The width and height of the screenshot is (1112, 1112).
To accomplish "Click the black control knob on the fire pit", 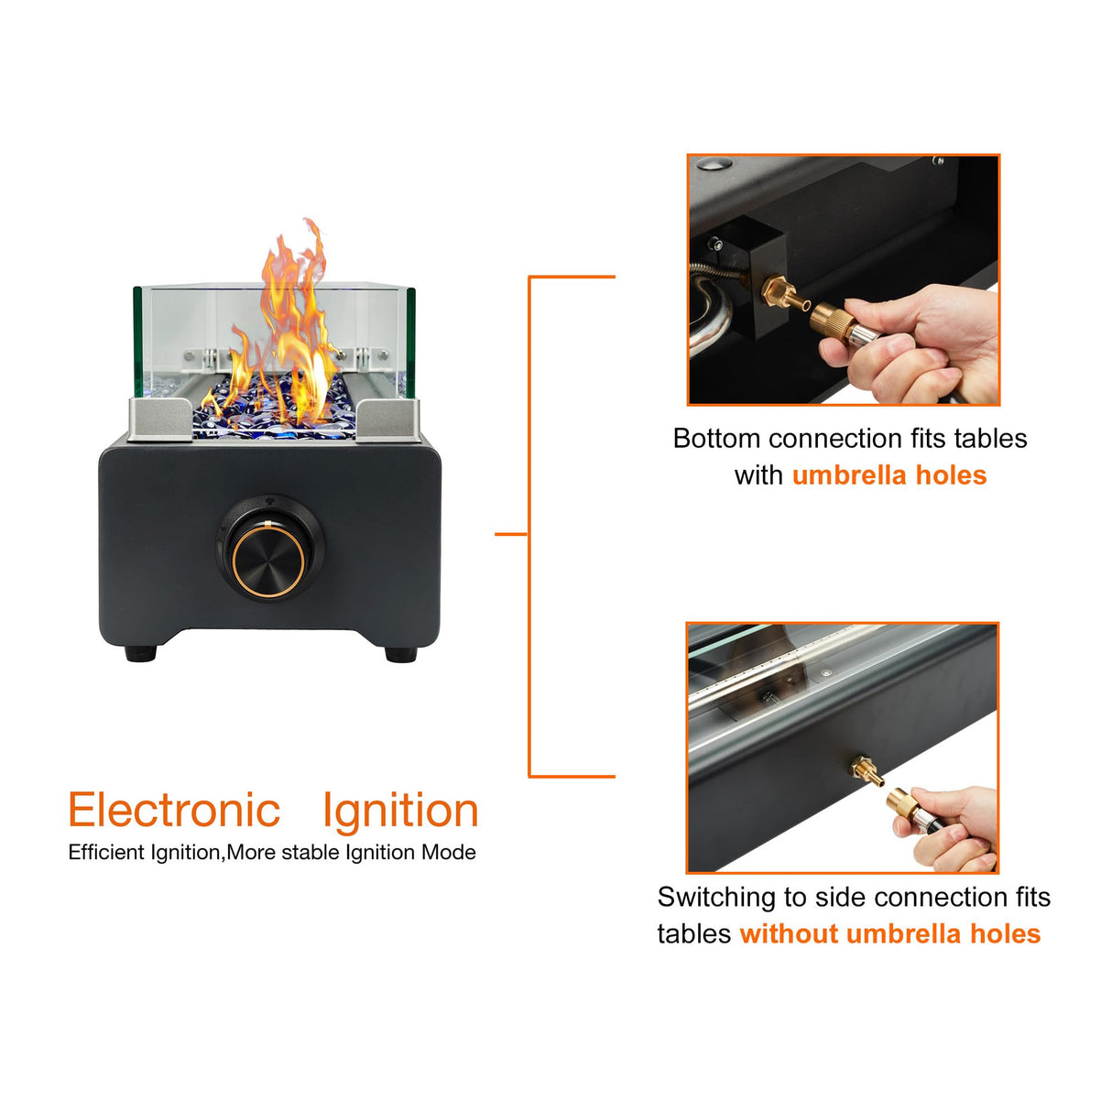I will click(x=267, y=555).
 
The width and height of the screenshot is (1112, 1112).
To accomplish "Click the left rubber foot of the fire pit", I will click(x=140, y=653).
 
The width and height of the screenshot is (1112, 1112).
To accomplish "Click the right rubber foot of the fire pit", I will click(x=399, y=654).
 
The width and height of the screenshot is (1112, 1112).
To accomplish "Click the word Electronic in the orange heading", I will click(x=174, y=811).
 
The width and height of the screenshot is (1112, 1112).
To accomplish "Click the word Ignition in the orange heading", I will click(x=400, y=812).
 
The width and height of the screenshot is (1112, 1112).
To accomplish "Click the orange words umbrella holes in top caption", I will click(x=889, y=475).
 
